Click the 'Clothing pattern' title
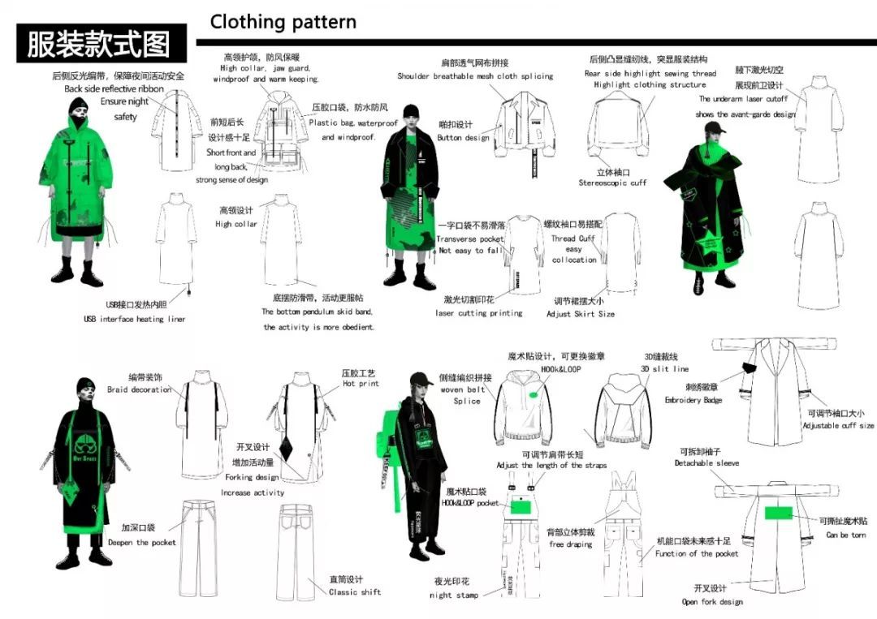click(x=283, y=22)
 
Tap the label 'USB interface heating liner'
click(x=134, y=320)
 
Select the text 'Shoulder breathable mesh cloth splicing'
click(x=475, y=76)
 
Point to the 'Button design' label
click(x=464, y=138)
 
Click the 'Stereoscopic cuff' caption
click(x=612, y=183)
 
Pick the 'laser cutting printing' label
click(x=479, y=313)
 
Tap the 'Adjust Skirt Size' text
click(x=580, y=314)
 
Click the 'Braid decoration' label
click(x=139, y=390)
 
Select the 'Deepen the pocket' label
click(x=141, y=543)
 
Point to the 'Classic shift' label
click(x=355, y=592)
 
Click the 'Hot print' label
click(x=361, y=384)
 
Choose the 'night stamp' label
click(x=455, y=595)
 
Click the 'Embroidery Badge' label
click(x=692, y=401)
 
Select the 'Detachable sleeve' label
click(x=706, y=463)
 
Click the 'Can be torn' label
click(x=846, y=535)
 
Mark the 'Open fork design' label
click(x=712, y=602)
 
